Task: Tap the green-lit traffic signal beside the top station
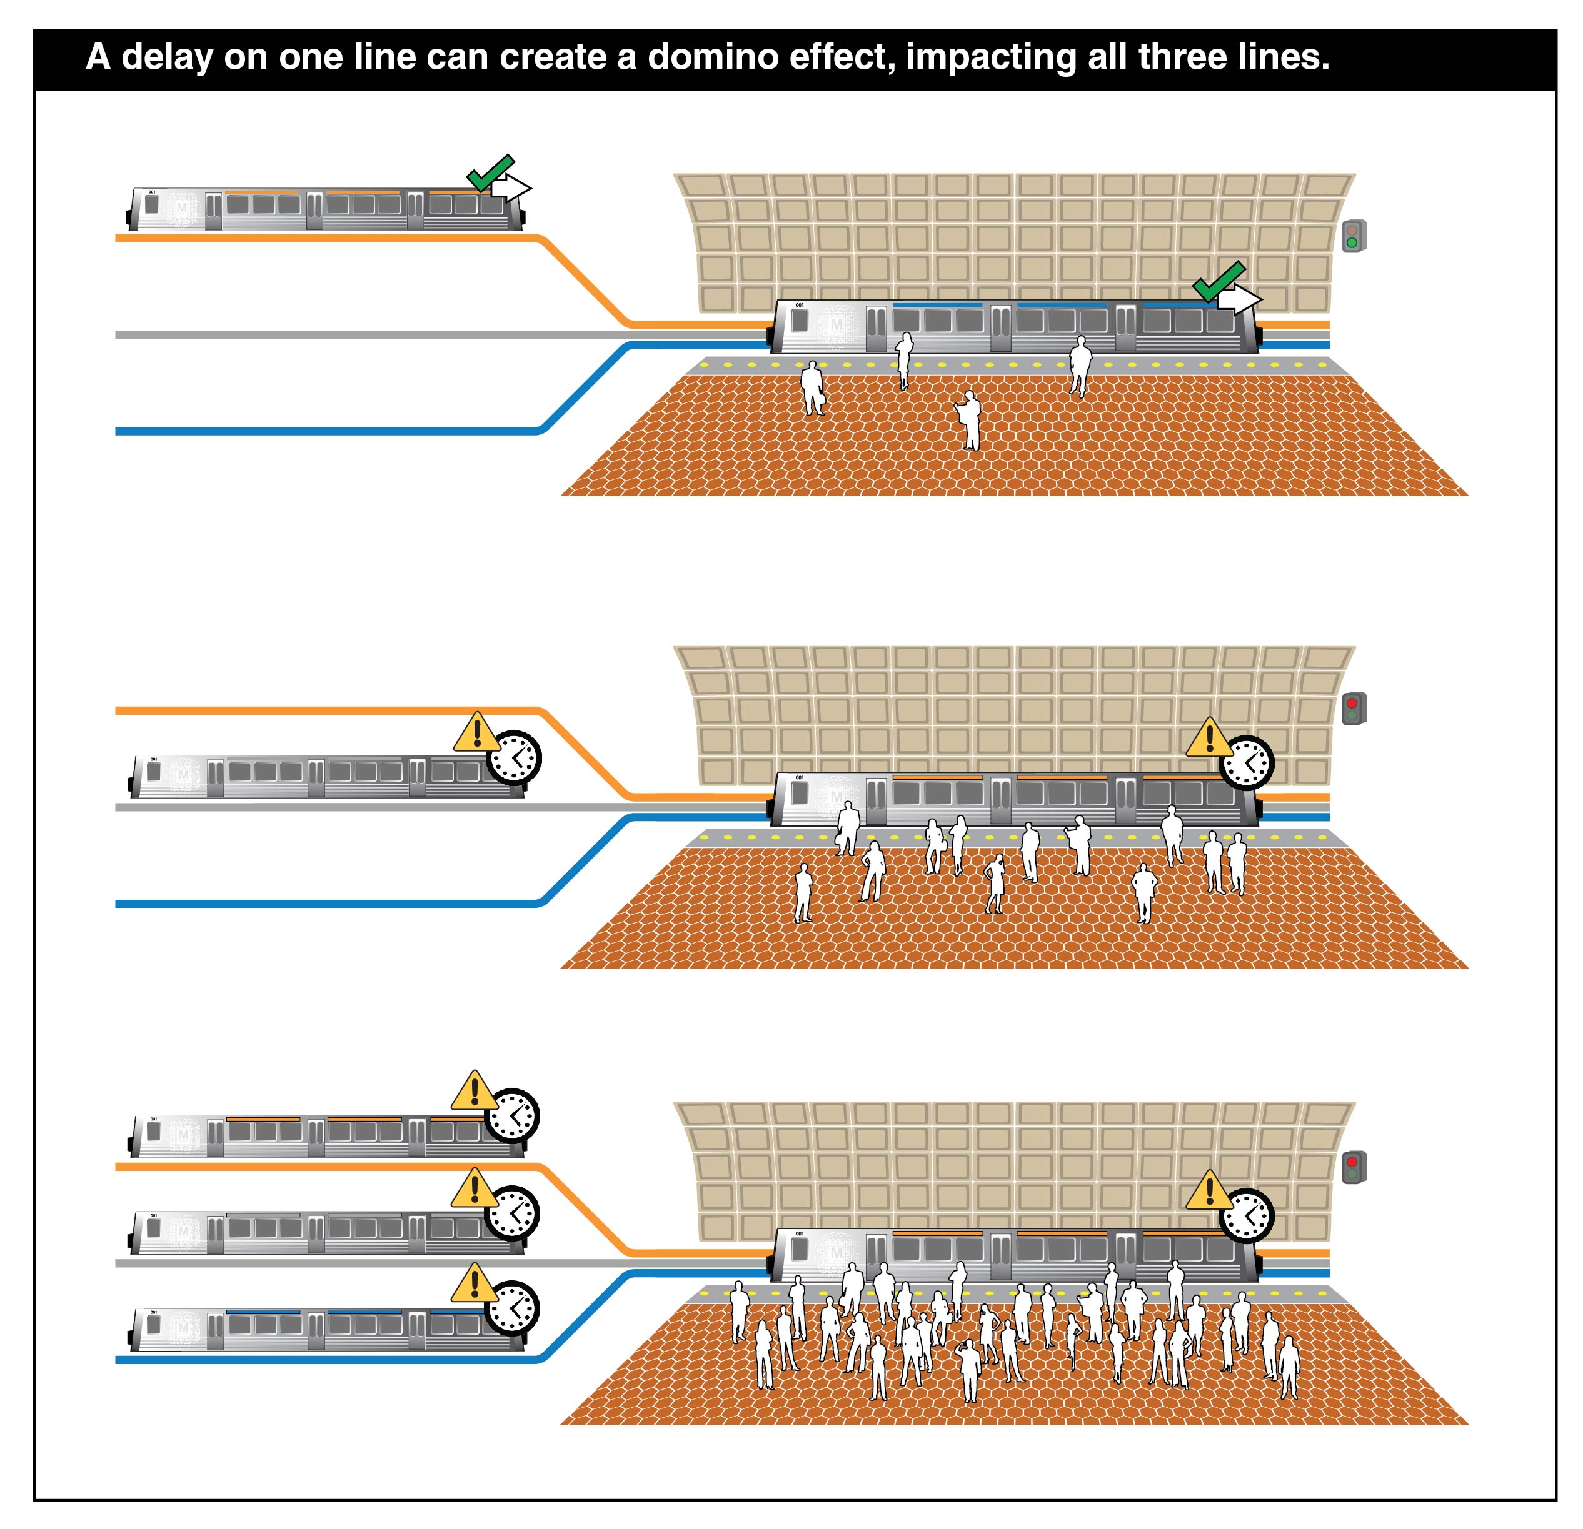coord(1353,237)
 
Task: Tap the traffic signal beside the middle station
coord(1353,709)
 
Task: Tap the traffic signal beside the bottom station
coord(1353,1167)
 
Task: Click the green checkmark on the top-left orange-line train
coord(490,172)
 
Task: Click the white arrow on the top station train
coord(1238,301)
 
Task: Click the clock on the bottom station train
coord(1245,1215)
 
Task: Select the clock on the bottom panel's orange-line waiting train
coord(513,1117)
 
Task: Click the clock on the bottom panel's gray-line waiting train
coord(513,1213)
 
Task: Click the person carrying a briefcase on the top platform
coord(812,389)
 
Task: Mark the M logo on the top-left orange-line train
coord(182,208)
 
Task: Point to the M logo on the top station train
coord(836,324)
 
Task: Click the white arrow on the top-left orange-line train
coord(510,189)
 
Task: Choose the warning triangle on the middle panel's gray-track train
coord(476,733)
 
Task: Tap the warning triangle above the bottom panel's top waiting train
coord(474,1092)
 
